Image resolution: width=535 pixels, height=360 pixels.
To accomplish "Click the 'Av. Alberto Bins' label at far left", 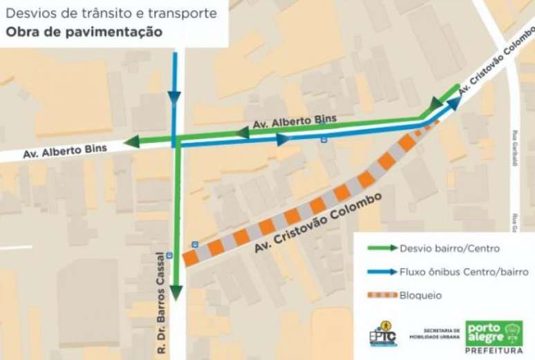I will click(57, 150).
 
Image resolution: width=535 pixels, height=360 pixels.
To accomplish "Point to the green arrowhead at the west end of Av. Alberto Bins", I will click(131, 142).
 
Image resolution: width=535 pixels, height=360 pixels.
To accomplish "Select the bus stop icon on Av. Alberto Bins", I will click(323, 140).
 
